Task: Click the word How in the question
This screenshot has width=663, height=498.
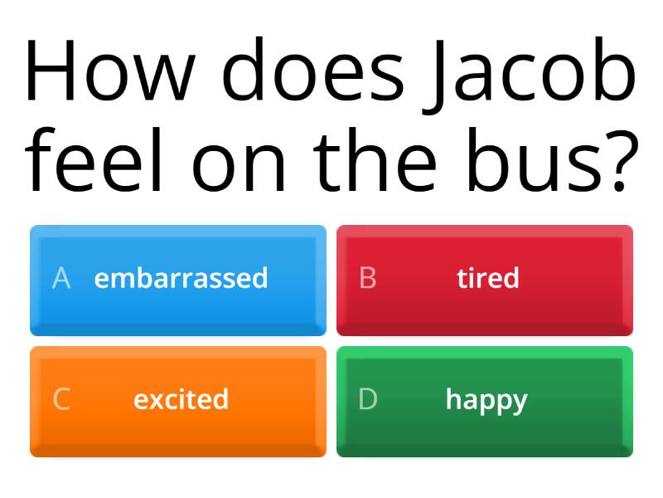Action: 107,71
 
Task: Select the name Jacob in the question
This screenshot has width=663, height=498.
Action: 531,71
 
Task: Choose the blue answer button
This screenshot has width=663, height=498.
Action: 178,280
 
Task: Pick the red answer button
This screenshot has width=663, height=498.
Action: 484,280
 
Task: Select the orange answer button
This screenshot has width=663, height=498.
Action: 178,401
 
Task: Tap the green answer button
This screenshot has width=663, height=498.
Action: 484,401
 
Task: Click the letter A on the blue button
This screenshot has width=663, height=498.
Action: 60,278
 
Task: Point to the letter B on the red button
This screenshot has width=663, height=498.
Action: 368,278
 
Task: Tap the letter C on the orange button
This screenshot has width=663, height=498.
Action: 61,399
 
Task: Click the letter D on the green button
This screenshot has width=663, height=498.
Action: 368,399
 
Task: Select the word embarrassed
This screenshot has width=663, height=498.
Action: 181,278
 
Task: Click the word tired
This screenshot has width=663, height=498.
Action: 487,278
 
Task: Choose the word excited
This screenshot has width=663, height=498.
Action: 181,399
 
